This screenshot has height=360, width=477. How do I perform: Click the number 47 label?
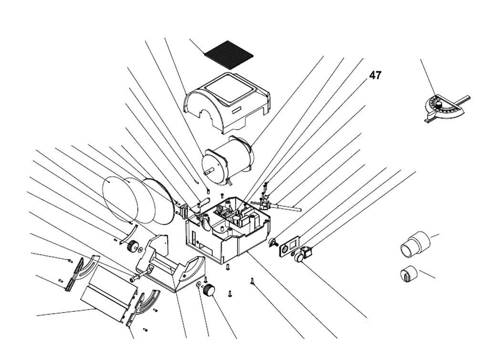click(375, 75)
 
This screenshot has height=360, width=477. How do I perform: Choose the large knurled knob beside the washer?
click(208, 289)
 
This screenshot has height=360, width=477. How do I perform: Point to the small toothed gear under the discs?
click(133, 246)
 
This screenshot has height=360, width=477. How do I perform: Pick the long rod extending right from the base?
click(286, 206)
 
